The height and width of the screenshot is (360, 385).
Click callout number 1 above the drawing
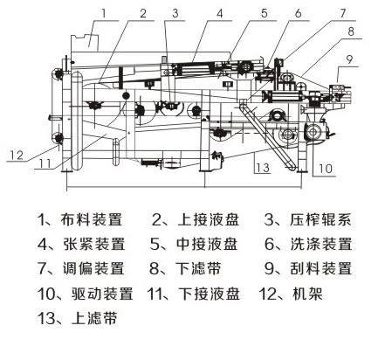pyautogui.click(x=104, y=11)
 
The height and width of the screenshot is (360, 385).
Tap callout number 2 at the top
pyautogui.click(x=141, y=13)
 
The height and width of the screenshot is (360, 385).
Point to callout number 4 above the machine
pyautogui.click(x=219, y=13)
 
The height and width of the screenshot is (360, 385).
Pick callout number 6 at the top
pyautogui.click(x=298, y=13)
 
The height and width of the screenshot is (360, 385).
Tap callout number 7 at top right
pyautogui.click(x=343, y=13)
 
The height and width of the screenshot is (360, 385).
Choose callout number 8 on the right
pyautogui.click(x=350, y=31)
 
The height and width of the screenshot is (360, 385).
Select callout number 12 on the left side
pyautogui.click(x=16, y=156)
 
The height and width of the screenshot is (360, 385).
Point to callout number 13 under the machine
pyautogui.click(x=260, y=165)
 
